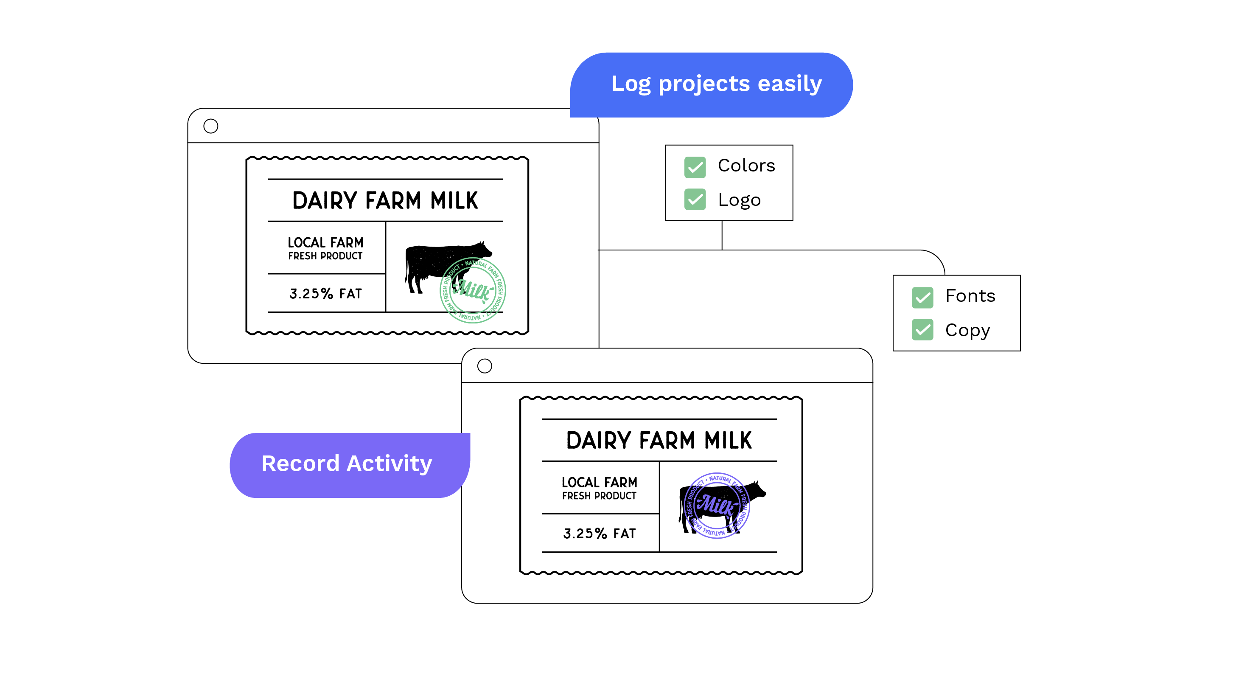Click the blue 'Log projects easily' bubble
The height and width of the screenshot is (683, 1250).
tap(712, 84)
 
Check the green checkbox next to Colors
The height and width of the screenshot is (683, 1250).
tap(695, 167)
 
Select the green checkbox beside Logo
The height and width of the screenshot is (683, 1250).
tap(695, 200)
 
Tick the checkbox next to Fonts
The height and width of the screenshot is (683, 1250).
tap(922, 297)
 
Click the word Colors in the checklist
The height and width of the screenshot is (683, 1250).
tap(746, 166)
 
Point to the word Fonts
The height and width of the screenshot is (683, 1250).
tap(970, 295)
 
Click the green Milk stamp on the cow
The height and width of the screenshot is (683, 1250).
tap(473, 290)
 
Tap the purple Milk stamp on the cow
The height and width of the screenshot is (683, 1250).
tap(717, 505)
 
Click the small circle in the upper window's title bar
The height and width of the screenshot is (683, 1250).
tap(210, 126)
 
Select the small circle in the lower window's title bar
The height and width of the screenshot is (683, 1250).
tap(484, 366)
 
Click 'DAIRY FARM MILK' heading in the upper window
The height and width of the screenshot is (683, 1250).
tap(385, 200)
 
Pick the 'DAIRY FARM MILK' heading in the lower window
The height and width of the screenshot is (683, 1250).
tap(659, 440)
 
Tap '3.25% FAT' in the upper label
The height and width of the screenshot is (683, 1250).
tap(325, 294)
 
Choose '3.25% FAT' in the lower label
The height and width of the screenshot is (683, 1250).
tap(599, 534)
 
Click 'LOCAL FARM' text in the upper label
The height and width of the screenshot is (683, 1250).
tap(325, 242)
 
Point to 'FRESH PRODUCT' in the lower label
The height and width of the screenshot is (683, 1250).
tap(599, 496)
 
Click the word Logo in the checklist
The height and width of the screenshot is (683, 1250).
tap(739, 200)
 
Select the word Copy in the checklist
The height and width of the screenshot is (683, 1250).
tap(967, 331)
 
